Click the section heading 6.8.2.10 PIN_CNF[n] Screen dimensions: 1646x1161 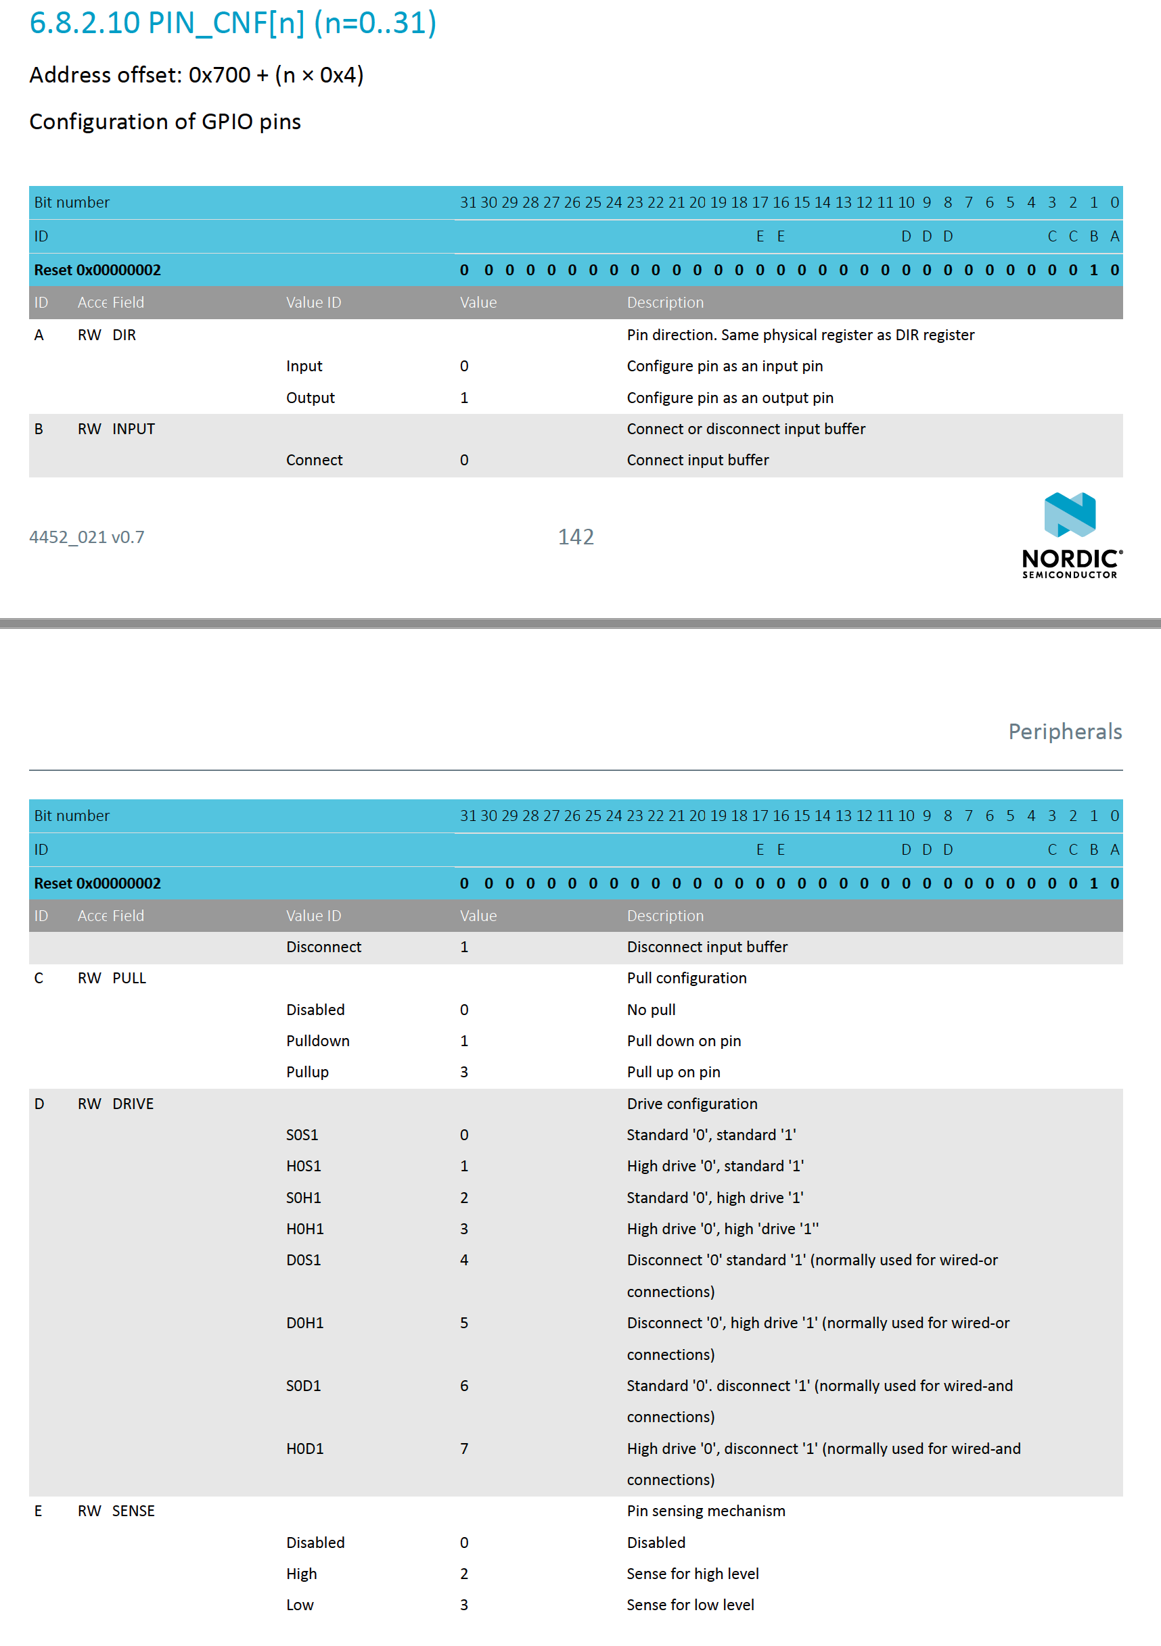click(232, 23)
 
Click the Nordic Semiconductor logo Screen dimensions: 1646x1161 click(1072, 535)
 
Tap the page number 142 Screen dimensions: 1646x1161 click(576, 537)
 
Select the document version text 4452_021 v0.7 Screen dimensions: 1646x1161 click(87, 537)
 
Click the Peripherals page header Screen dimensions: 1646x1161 click(1064, 731)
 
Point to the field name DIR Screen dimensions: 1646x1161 click(124, 335)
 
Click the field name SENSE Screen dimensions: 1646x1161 click(133, 1511)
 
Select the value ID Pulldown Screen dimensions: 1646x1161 click(318, 1041)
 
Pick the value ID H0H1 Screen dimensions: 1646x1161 click(304, 1229)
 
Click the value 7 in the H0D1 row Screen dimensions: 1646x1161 click(464, 1448)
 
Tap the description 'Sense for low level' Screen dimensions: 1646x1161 click(690, 1605)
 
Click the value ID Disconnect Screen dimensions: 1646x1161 click(323, 946)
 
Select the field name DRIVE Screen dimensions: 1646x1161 click(133, 1104)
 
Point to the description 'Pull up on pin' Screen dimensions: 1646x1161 click(673, 1072)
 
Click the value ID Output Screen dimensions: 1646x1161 click(310, 398)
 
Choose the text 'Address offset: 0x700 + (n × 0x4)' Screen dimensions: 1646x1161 click(196, 74)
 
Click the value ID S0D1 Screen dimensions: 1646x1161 click(303, 1386)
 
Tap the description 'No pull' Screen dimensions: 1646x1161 click(651, 1010)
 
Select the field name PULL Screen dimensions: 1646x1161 click(129, 978)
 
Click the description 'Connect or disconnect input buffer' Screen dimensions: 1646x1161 click(746, 429)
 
